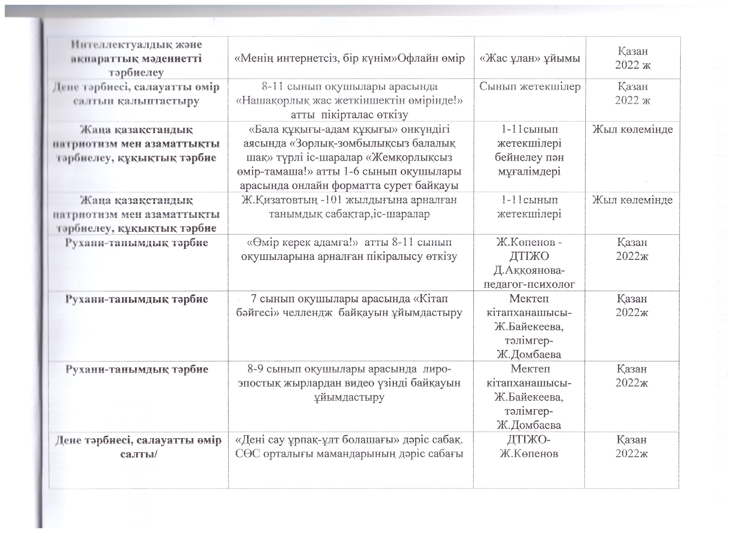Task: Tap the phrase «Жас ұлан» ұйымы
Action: [x=530, y=58]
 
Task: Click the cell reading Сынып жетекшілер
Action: [x=530, y=87]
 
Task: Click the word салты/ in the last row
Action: [x=138, y=454]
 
